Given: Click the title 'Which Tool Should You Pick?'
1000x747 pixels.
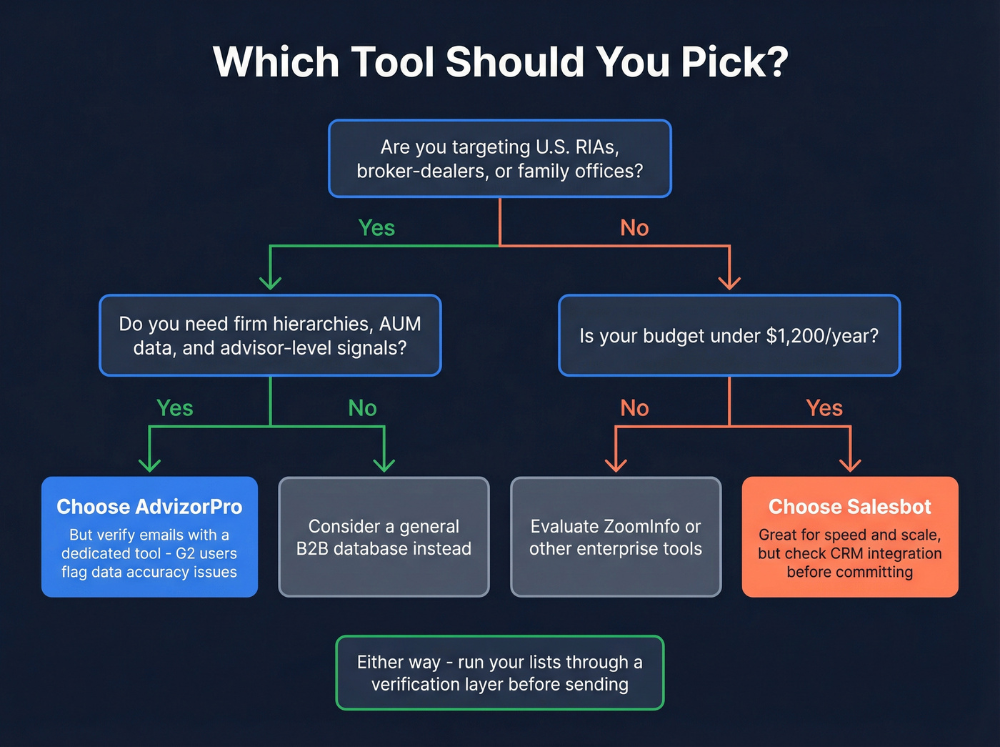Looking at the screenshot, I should [500, 62].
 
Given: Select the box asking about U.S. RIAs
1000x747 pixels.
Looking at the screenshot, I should [500, 159].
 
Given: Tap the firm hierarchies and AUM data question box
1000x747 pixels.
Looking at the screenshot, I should [270, 335].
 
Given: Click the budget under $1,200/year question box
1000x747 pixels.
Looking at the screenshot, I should [729, 335].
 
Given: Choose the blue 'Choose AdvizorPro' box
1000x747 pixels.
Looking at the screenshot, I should [149, 537].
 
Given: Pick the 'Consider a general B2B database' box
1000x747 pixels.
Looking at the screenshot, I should [384, 537].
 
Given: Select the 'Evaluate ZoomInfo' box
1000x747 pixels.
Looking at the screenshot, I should [616, 537].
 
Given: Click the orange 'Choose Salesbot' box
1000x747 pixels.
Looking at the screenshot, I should [850, 537].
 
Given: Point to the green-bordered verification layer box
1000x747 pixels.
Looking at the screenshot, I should [500, 673].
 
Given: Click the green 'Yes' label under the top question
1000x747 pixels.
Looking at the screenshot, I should [376, 228].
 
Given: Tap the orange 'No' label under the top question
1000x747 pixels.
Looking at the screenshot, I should [634, 228].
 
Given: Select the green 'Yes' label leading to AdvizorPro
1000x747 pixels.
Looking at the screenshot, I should [175, 408].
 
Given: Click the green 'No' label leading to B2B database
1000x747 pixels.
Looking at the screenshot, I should [362, 408].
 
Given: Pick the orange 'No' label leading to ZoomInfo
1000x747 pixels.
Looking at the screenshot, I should [634, 408].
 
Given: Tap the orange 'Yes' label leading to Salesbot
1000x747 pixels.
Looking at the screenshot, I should [824, 408].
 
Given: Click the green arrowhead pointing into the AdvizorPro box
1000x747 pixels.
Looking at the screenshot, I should [149, 465].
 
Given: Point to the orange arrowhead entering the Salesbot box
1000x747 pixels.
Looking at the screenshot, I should [850, 465].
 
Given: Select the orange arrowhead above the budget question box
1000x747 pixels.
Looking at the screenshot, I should [729, 282].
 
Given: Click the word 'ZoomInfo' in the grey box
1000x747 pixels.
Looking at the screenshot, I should [641, 527].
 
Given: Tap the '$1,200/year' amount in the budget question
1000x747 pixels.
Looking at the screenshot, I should [822, 336].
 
